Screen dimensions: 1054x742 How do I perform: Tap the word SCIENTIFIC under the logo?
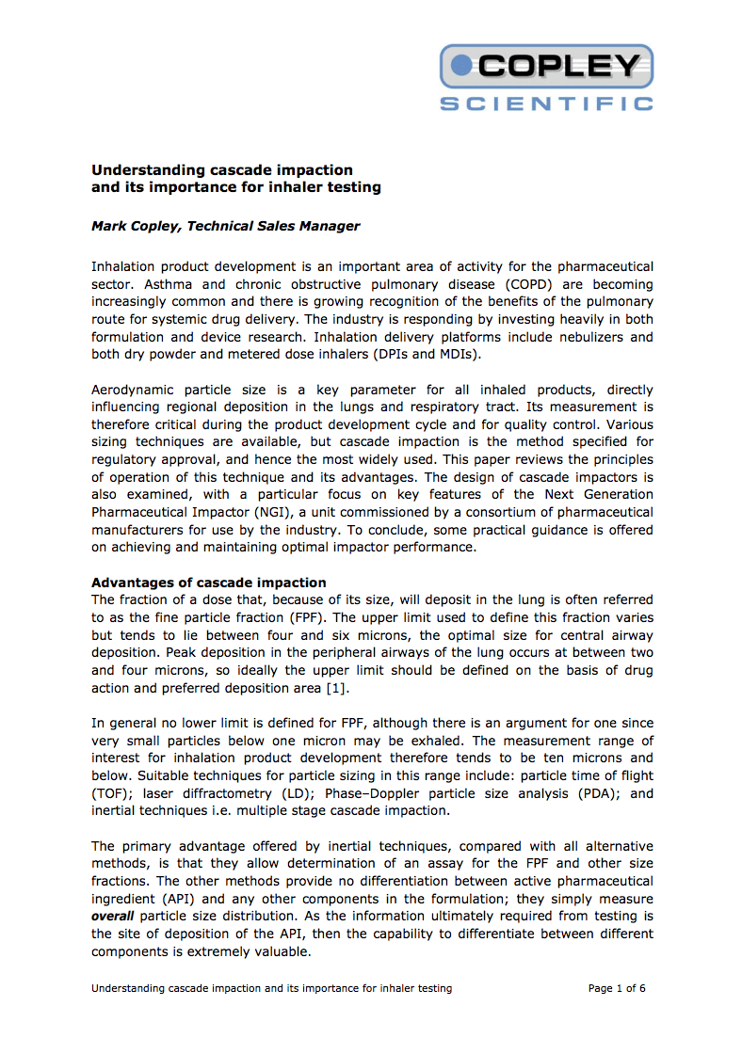pos(546,103)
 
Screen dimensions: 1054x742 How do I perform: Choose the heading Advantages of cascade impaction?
pos(208,583)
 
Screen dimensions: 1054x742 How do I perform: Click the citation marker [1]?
pos(336,688)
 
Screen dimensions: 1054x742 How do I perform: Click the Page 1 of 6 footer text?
pos(616,988)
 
